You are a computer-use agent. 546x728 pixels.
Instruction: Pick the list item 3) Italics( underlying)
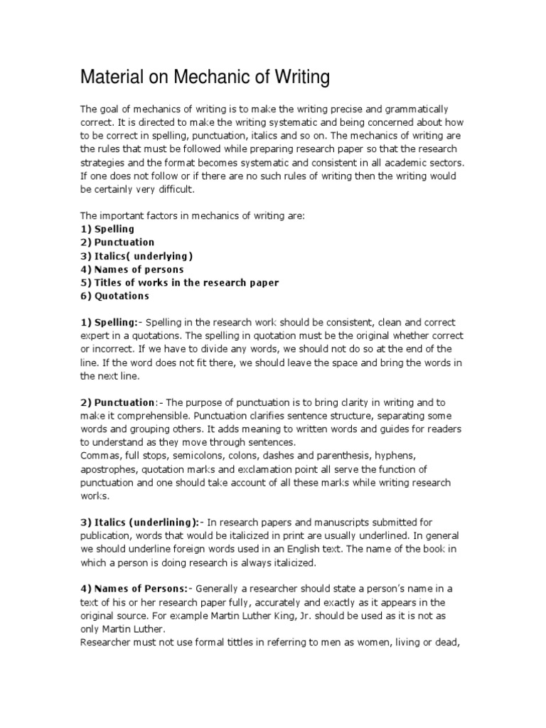pos(136,256)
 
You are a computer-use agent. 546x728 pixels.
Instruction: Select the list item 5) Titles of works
pos(179,283)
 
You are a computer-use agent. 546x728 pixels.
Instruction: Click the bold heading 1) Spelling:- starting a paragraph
pos(112,322)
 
